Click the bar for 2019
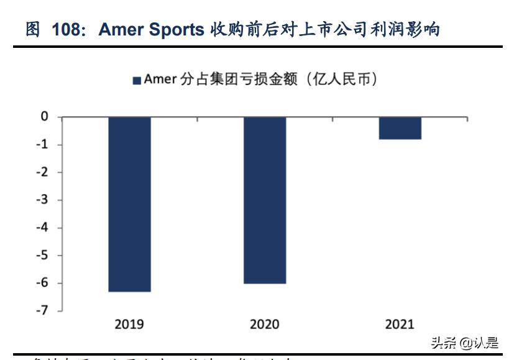click(x=129, y=204)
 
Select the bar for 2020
click(x=265, y=200)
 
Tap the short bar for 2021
click(x=400, y=128)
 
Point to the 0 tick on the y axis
click(x=44, y=116)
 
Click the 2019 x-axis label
click(x=129, y=324)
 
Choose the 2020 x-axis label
click(x=265, y=324)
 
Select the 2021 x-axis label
click(x=400, y=324)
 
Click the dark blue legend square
click(x=137, y=80)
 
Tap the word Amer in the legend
click(x=160, y=80)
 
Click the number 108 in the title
click(x=66, y=30)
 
